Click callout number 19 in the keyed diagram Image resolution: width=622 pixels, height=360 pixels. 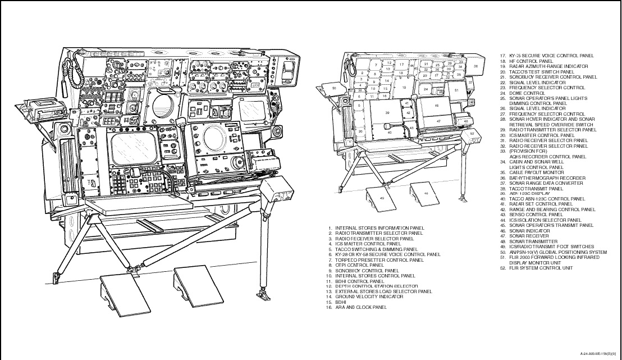404,88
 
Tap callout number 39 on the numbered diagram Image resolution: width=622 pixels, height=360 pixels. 387,113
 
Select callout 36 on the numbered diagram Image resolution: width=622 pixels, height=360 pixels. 475,66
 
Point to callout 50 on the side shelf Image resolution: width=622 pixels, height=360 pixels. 334,88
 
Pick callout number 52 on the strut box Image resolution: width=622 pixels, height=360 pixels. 472,134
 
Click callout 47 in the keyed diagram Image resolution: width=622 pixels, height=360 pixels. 438,121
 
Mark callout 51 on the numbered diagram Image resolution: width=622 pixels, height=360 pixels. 456,90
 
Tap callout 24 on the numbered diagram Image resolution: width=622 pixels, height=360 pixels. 426,89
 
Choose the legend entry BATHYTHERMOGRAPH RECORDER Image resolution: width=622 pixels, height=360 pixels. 539,178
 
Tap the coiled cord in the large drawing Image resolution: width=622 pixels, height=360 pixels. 71,70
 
